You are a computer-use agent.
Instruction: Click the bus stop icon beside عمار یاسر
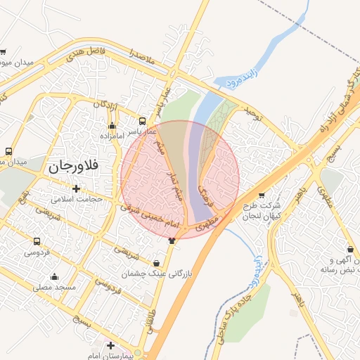(143, 121)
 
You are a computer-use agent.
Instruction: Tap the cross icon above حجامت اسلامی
(76, 188)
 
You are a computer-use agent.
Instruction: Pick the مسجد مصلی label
(53, 287)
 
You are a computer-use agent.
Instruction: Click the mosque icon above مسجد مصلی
(54, 276)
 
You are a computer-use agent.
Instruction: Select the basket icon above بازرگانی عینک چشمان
(156, 263)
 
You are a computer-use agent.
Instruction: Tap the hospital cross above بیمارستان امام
(110, 345)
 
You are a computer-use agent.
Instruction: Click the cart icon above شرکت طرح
(262, 195)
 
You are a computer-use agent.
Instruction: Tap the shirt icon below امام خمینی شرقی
(172, 240)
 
